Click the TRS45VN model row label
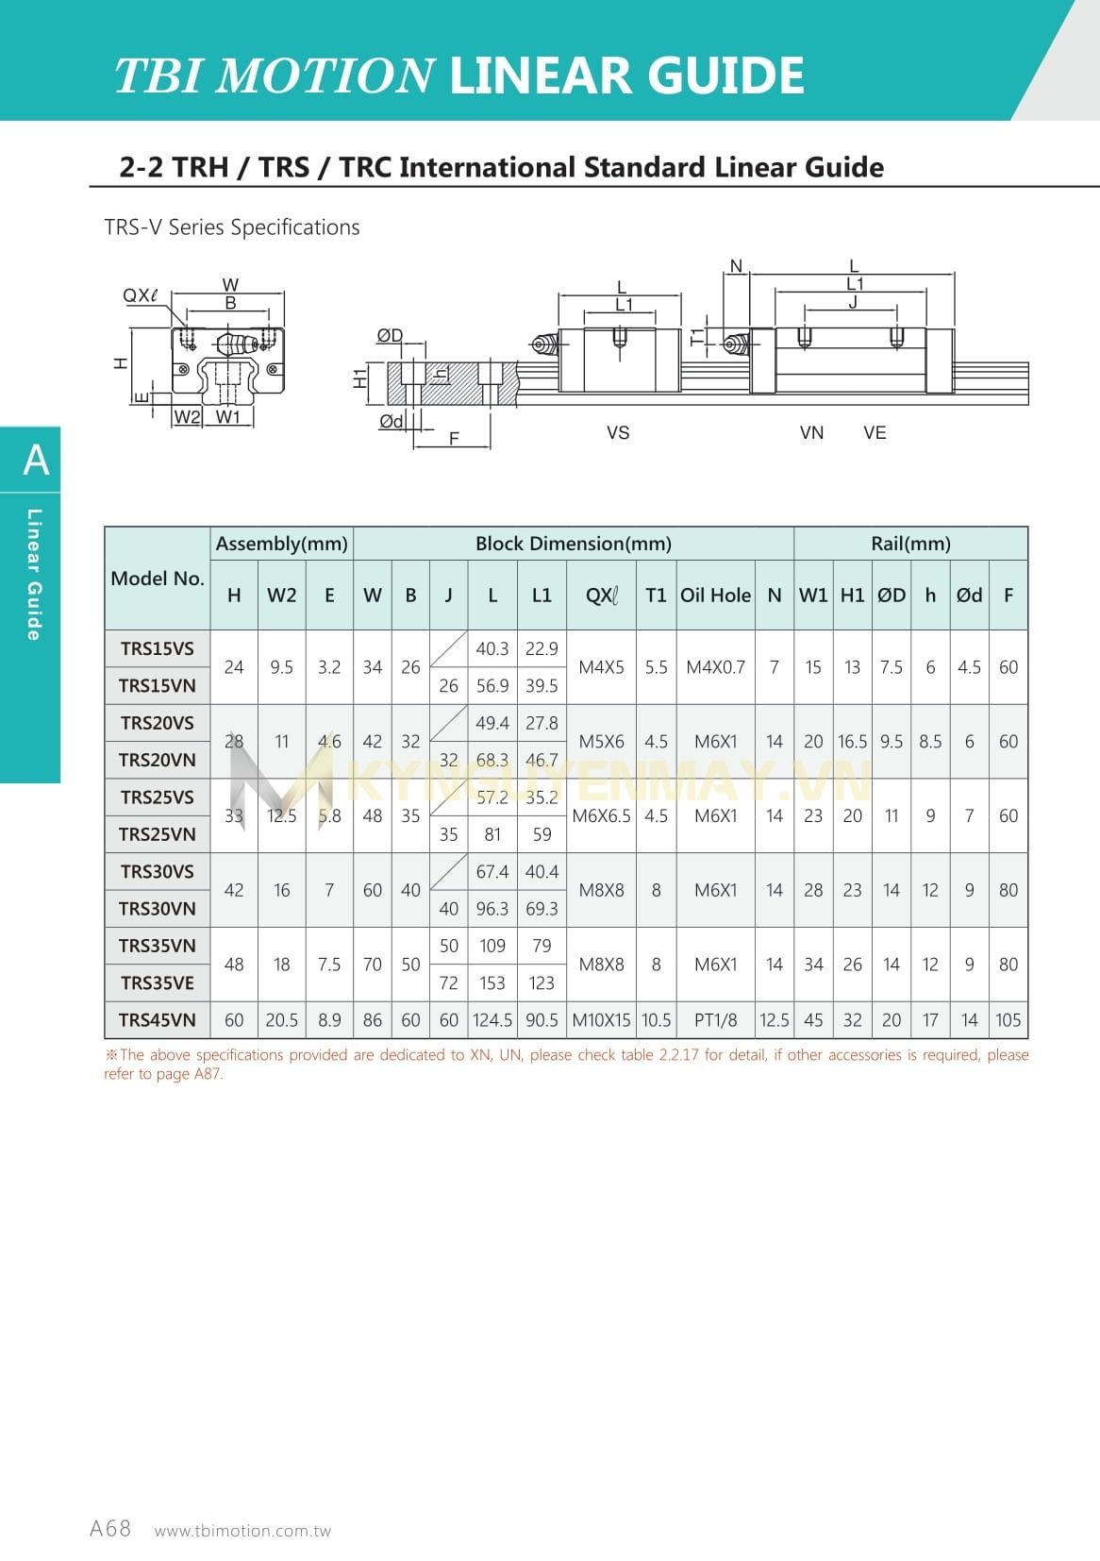pyautogui.click(x=158, y=1020)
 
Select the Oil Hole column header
pyautogui.click(x=715, y=596)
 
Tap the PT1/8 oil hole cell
pyautogui.click(x=715, y=1020)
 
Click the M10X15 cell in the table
pyautogui.click(x=601, y=1020)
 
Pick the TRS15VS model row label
pyautogui.click(x=158, y=648)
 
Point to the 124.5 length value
pyautogui.click(x=492, y=1020)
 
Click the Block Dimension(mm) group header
pyautogui.click(x=574, y=544)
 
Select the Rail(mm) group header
pyautogui.click(x=910, y=544)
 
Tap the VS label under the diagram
pyautogui.click(x=618, y=432)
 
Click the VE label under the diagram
pyautogui.click(x=875, y=432)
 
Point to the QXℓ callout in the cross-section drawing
pyautogui.click(x=141, y=295)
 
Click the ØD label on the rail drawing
pyautogui.click(x=390, y=336)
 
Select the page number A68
pyautogui.click(x=110, y=1529)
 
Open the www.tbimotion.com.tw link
pyautogui.click(x=242, y=1531)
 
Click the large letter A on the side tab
pyautogui.click(x=36, y=461)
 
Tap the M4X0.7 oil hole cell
pyautogui.click(x=715, y=667)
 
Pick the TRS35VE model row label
pyautogui.click(x=158, y=982)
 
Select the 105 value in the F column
pyautogui.click(x=1008, y=1020)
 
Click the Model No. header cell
pyautogui.click(x=158, y=579)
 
